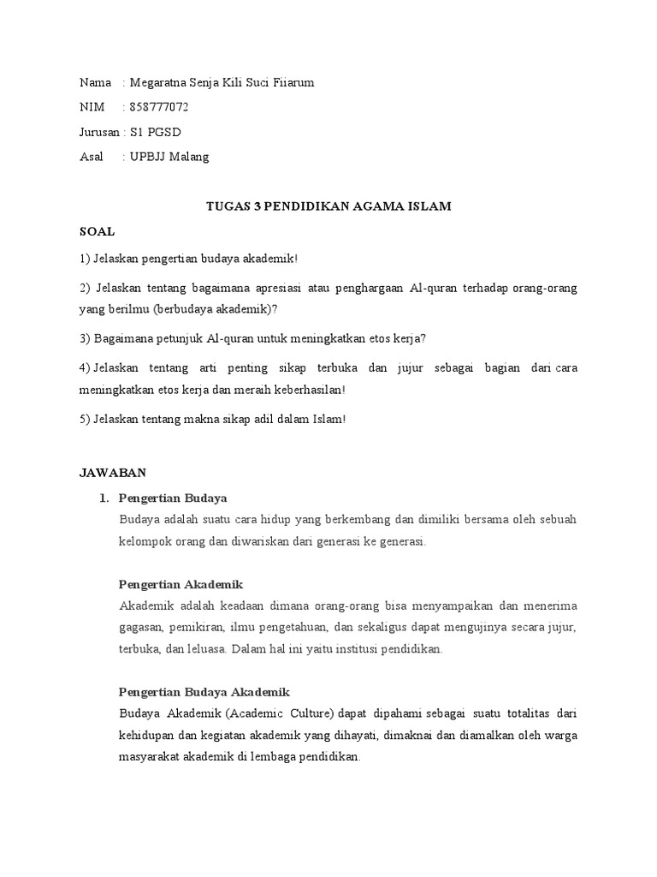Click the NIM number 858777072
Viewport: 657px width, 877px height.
pyautogui.click(x=159, y=107)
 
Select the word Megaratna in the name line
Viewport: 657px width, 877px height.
pyautogui.click(x=157, y=82)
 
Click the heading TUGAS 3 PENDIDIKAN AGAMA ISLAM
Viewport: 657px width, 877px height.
pyautogui.click(x=328, y=206)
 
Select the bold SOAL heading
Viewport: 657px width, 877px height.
pyautogui.click(x=97, y=232)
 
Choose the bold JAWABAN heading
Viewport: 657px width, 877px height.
pyautogui.click(x=113, y=472)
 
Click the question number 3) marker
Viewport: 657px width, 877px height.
pyautogui.click(x=85, y=337)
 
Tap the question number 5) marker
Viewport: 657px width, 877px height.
pyautogui.click(x=85, y=419)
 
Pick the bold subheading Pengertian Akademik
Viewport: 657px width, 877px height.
pyautogui.click(x=181, y=584)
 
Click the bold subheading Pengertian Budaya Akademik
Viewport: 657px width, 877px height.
pyautogui.click(x=204, y=692)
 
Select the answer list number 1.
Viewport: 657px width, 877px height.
pyautogui.click(x=104, y=498)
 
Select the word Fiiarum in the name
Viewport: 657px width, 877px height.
pyautogui.click(x=293, y=82)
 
